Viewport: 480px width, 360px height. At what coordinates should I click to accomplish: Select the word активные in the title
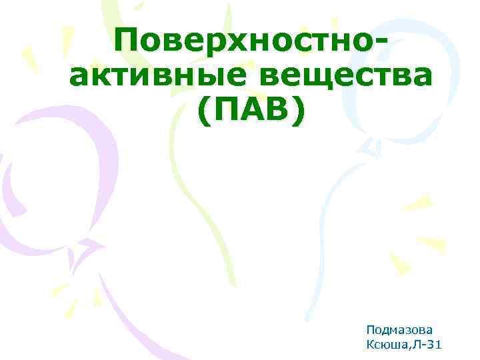pos(157,78)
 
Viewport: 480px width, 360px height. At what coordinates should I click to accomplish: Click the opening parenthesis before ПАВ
pos(203,113)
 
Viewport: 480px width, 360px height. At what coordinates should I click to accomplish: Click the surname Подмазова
pos(399,329)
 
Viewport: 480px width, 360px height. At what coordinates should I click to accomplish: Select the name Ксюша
pos(385,344)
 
